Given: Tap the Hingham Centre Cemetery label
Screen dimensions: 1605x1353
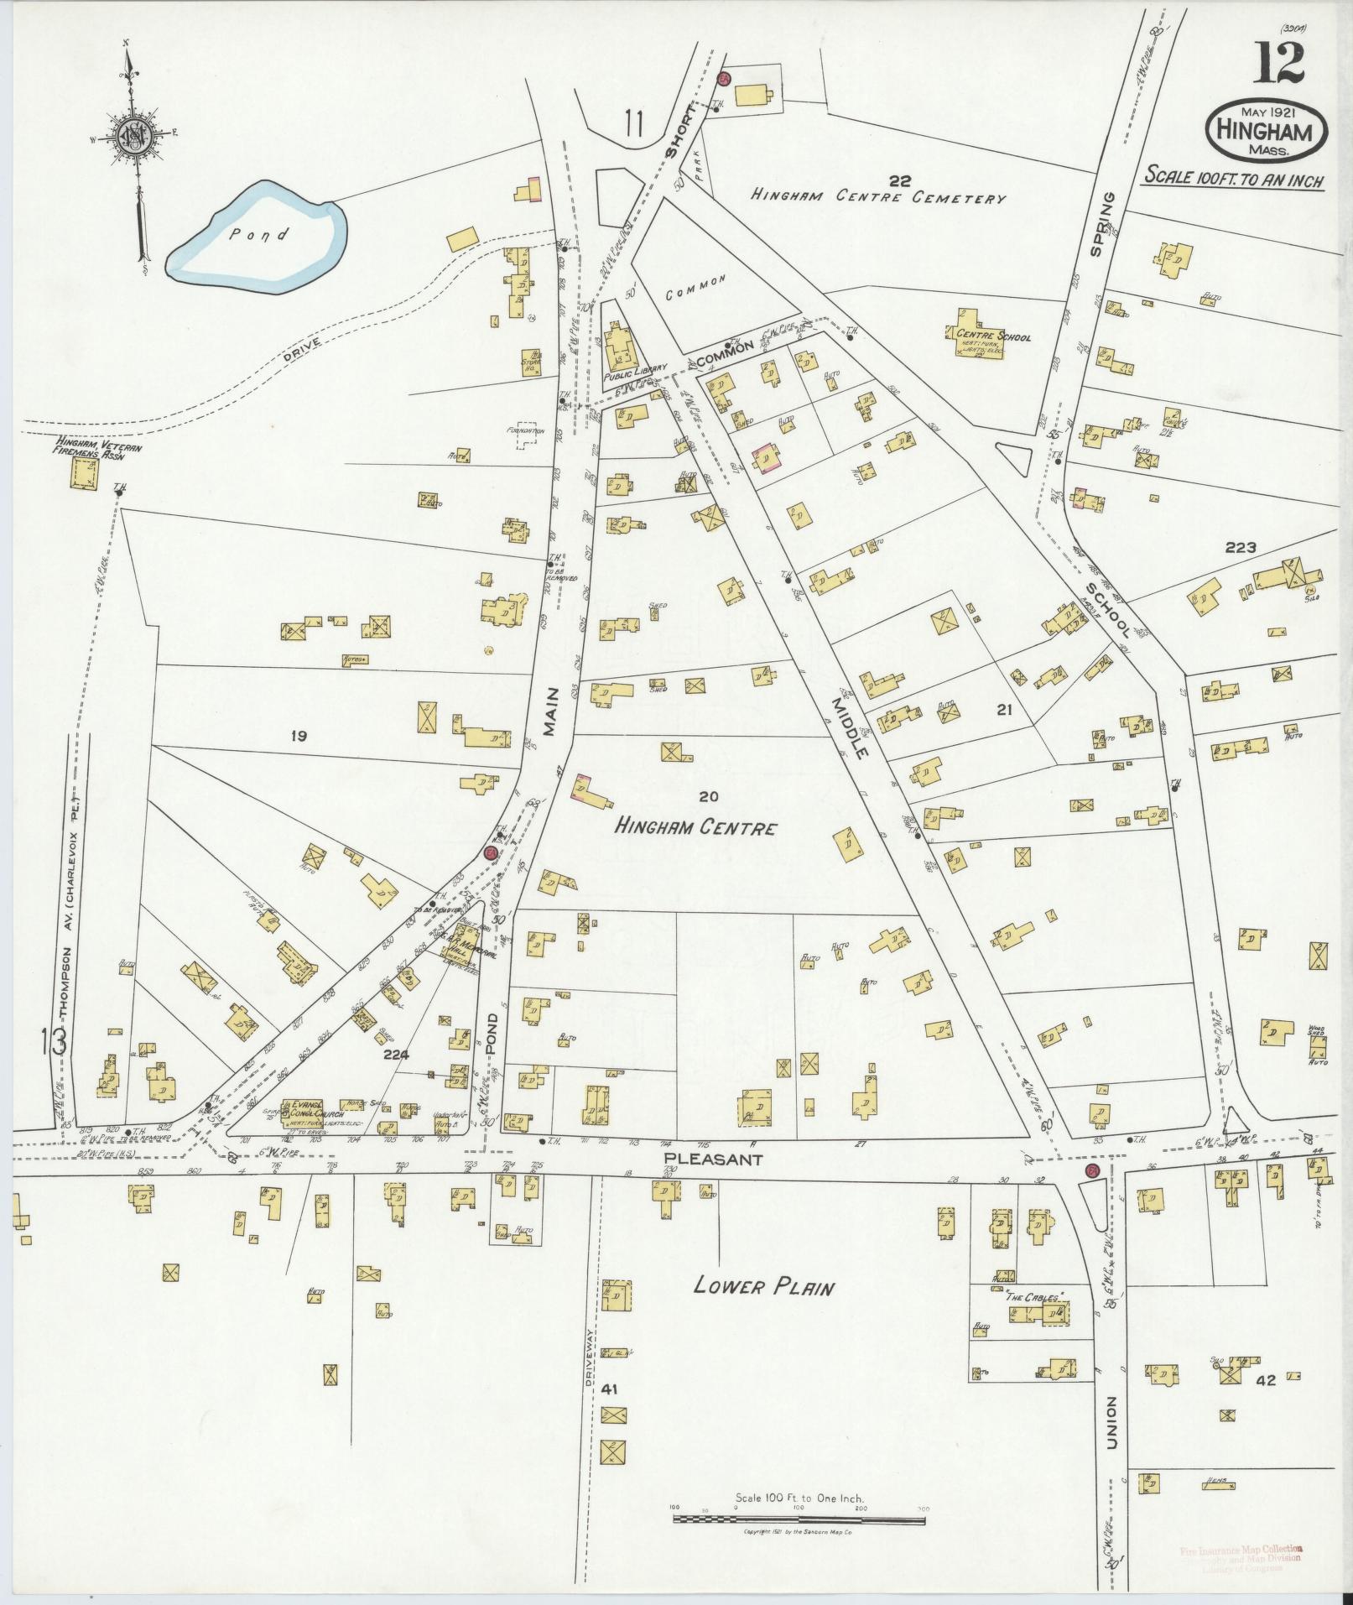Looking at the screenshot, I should [x=877, y=197].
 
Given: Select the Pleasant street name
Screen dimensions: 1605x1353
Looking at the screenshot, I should [x=713, y=1160].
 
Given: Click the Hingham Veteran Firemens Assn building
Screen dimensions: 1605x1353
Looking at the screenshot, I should [x=83, y=474].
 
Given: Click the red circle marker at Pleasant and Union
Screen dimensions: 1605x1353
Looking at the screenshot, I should [x=1091, y=1170].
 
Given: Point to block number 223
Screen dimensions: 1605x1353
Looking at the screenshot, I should [x=1240, y=548].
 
